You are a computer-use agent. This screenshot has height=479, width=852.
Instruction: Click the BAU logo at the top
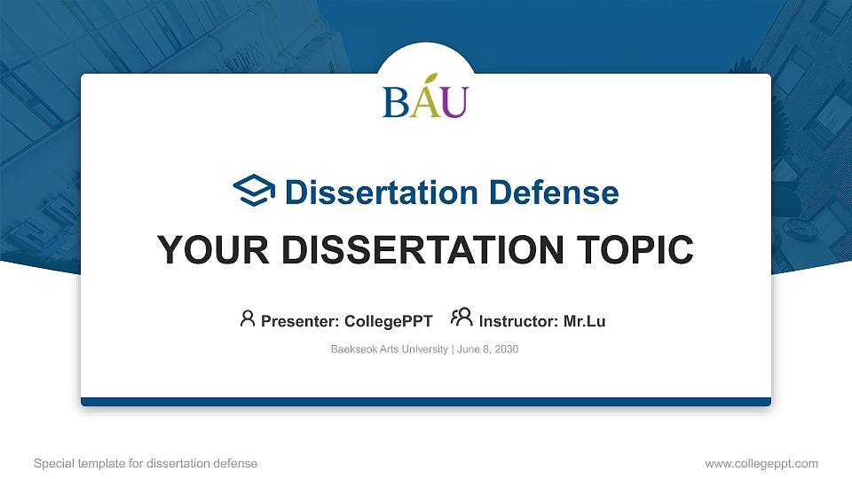[x=425, y=99]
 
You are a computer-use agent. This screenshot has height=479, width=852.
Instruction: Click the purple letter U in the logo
[x=454, y=103]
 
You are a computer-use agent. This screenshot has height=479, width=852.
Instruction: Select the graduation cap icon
[x=254, y=191]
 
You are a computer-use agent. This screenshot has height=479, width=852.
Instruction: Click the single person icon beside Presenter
[x=248, y=318]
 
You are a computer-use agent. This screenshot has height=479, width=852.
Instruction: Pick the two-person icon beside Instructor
[x=461, y=318]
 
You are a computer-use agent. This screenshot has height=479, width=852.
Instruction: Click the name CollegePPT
[x=388, y=321]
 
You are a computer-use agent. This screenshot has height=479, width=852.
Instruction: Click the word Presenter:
[x=299, y=321]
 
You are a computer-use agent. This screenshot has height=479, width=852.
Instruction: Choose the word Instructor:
[x=519, y=321]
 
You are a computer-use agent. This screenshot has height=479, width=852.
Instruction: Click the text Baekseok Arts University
[x=389, y=349]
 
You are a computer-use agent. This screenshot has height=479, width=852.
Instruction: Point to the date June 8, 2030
[x=487, y=349]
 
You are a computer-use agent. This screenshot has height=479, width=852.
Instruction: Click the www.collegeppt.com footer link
[x=761, y=463]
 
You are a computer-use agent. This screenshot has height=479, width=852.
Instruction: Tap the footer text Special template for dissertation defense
[x=146, y=463]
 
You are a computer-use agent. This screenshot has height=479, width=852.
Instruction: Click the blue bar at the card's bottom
[x=426, y=402]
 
